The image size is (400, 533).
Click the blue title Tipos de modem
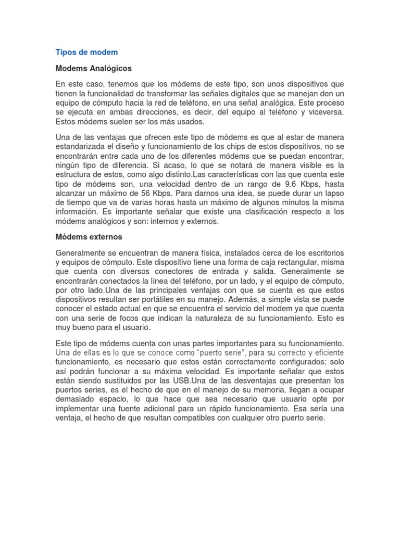(86, 52)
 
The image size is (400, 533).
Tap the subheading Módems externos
(89, 237)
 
